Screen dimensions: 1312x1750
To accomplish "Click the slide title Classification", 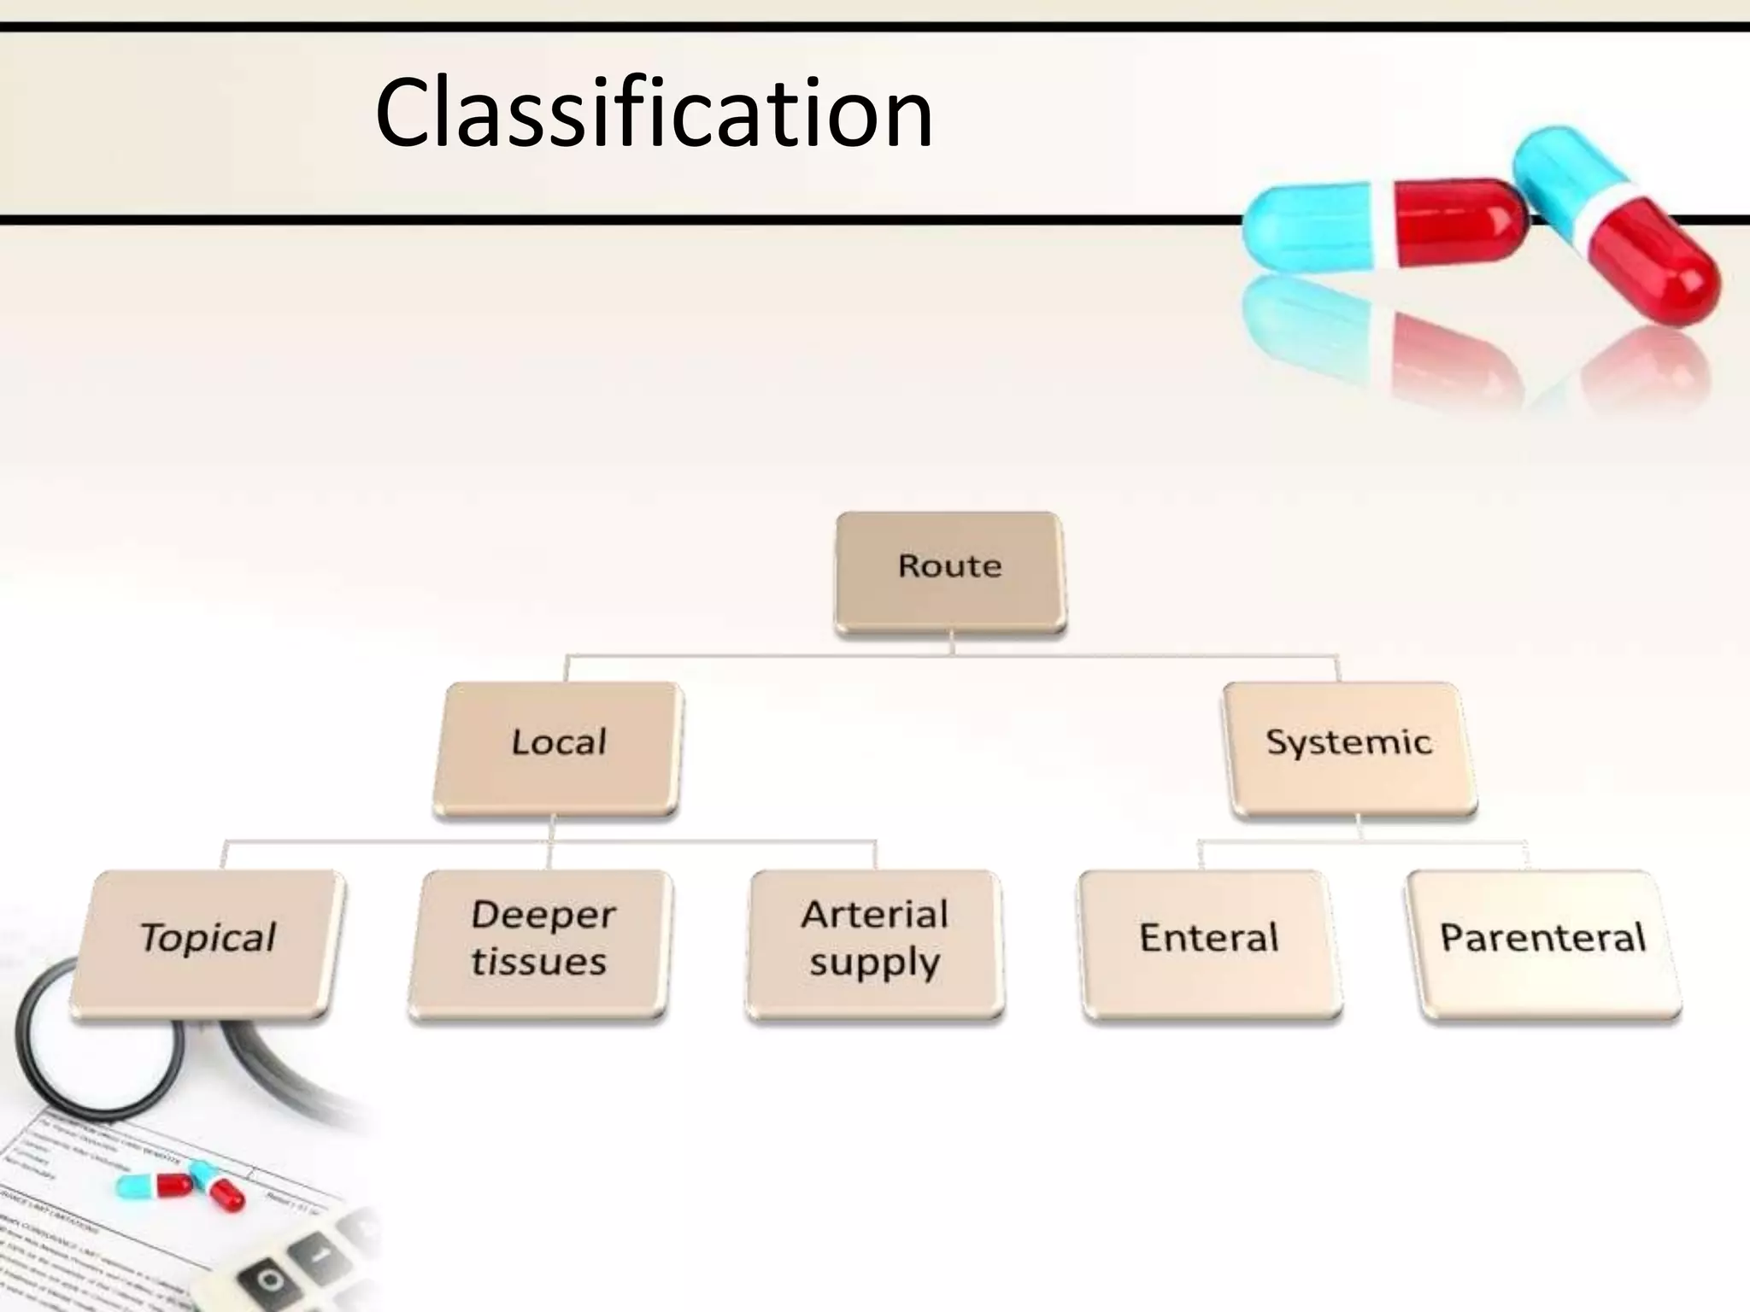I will click(654, 114).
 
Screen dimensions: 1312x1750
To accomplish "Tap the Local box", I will click(558, 747).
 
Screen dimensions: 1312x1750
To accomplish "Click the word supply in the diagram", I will click(874, 963).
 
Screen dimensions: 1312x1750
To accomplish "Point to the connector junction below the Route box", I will click(952, 654).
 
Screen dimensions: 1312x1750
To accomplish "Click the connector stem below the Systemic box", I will click(1359, 829).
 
